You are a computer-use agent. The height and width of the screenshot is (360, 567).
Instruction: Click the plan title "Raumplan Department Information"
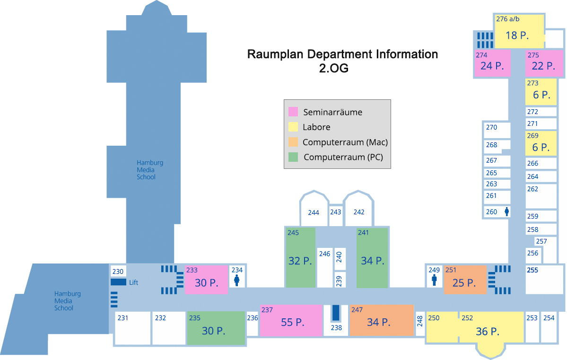click(342, 54)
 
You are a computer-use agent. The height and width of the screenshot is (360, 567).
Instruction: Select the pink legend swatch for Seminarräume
click(293, 112)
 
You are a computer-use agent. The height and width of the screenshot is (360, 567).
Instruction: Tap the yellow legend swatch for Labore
click(293, 127)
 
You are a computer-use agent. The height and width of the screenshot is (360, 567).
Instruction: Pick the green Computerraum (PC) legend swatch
click(293, 157)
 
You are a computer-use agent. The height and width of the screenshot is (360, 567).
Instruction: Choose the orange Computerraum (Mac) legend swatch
click(293, 142)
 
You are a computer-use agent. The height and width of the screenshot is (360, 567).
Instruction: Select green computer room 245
click(300, 258)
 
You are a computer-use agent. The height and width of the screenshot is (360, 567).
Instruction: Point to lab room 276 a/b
click(518, 31)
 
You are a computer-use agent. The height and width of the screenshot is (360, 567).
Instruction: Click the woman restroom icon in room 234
click(237, 281)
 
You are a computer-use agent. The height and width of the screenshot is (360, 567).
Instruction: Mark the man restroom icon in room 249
click(434, 281)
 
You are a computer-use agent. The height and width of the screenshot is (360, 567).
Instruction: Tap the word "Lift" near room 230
click(133, 283)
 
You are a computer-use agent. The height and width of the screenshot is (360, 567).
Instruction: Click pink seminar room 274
click(492, 63)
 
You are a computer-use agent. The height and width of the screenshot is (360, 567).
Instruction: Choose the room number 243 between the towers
click(336, 212)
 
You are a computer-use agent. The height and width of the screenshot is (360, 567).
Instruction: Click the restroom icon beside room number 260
click(507, 211)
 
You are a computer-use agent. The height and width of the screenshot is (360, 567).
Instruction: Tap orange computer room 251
click(465, 280)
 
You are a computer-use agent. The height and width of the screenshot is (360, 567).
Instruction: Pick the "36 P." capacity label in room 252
click(488, 332)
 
